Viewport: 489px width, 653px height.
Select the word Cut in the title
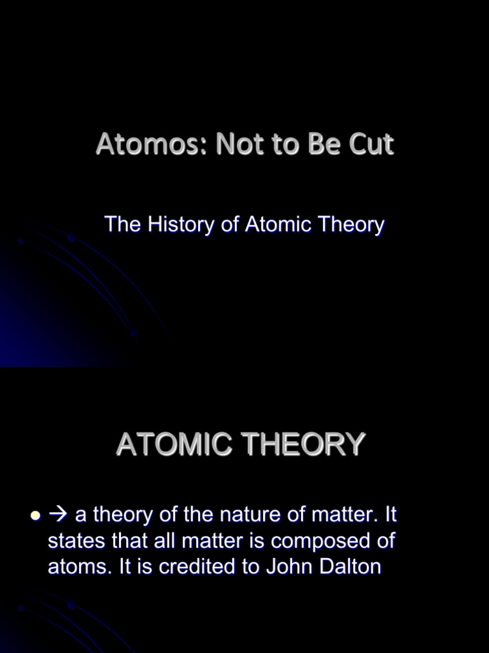tap(371, 145)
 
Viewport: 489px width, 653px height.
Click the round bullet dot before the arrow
tap(36, 515)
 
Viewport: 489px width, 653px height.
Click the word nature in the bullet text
tap(244, 514)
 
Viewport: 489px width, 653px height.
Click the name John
tap(299, 567)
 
